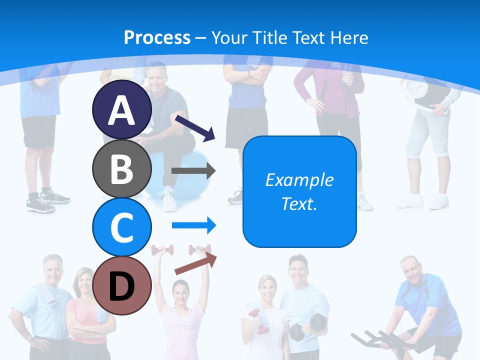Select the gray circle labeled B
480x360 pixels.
(122, 169)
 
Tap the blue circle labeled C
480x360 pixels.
(122, 227)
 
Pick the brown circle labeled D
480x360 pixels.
(122, 285)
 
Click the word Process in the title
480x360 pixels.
(157, 37)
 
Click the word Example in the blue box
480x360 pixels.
(299, 180)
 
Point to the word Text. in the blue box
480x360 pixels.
(299, 204)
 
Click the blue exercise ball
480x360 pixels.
(185, 172)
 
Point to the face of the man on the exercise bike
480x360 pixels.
(411, 270)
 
